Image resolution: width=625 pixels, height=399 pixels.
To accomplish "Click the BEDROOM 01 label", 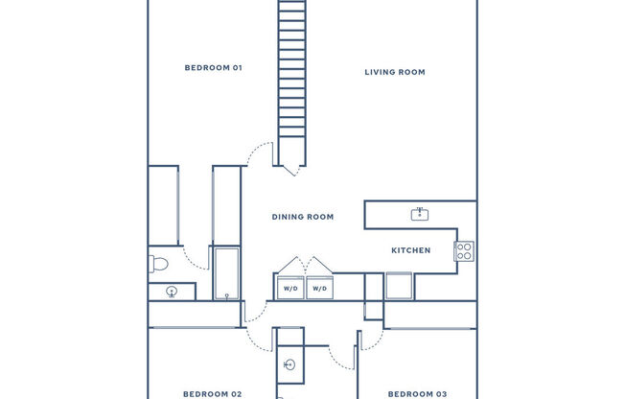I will [x=213, y=68].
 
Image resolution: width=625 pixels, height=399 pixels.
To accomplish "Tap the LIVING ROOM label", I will [x=395, y=72].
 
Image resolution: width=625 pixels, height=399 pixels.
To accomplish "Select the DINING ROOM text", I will [x=303, y=217].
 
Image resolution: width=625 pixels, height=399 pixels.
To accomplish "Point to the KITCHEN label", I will [x=410, y=250].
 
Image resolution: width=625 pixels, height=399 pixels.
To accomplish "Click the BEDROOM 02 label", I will [x=213, y=393].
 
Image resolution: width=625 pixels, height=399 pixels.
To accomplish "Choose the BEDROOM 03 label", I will [x=417, y=393].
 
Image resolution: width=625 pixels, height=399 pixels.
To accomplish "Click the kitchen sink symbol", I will [x=419, y=213].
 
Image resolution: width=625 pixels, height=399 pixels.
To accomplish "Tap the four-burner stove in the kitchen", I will [x=464, y=251].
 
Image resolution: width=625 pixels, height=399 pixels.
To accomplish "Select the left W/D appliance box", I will [x=289, y=287].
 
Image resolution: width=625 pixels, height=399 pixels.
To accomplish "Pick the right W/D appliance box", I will [x=319, y=287].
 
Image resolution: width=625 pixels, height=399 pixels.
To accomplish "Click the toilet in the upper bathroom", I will [x=159, y=262].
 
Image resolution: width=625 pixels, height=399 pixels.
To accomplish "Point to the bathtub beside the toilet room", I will [x=226, y=273].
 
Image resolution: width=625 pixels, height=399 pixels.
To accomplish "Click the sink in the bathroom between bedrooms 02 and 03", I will [x=289, y=365].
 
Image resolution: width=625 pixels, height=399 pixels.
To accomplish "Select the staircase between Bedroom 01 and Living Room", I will [x=291, y=82].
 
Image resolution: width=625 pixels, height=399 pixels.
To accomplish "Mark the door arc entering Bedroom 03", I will [x=341, y=356].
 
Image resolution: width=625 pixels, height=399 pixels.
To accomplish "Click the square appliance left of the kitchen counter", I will [x=399, y=286].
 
